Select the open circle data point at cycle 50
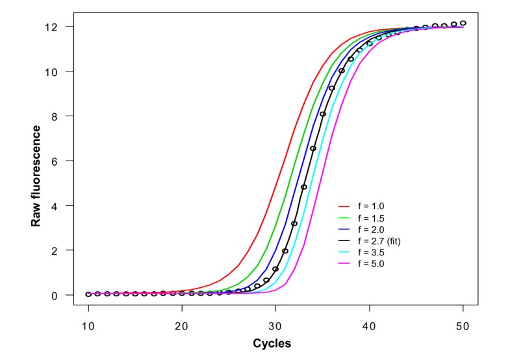pos(463,23)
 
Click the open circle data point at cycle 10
pos(88,294)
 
